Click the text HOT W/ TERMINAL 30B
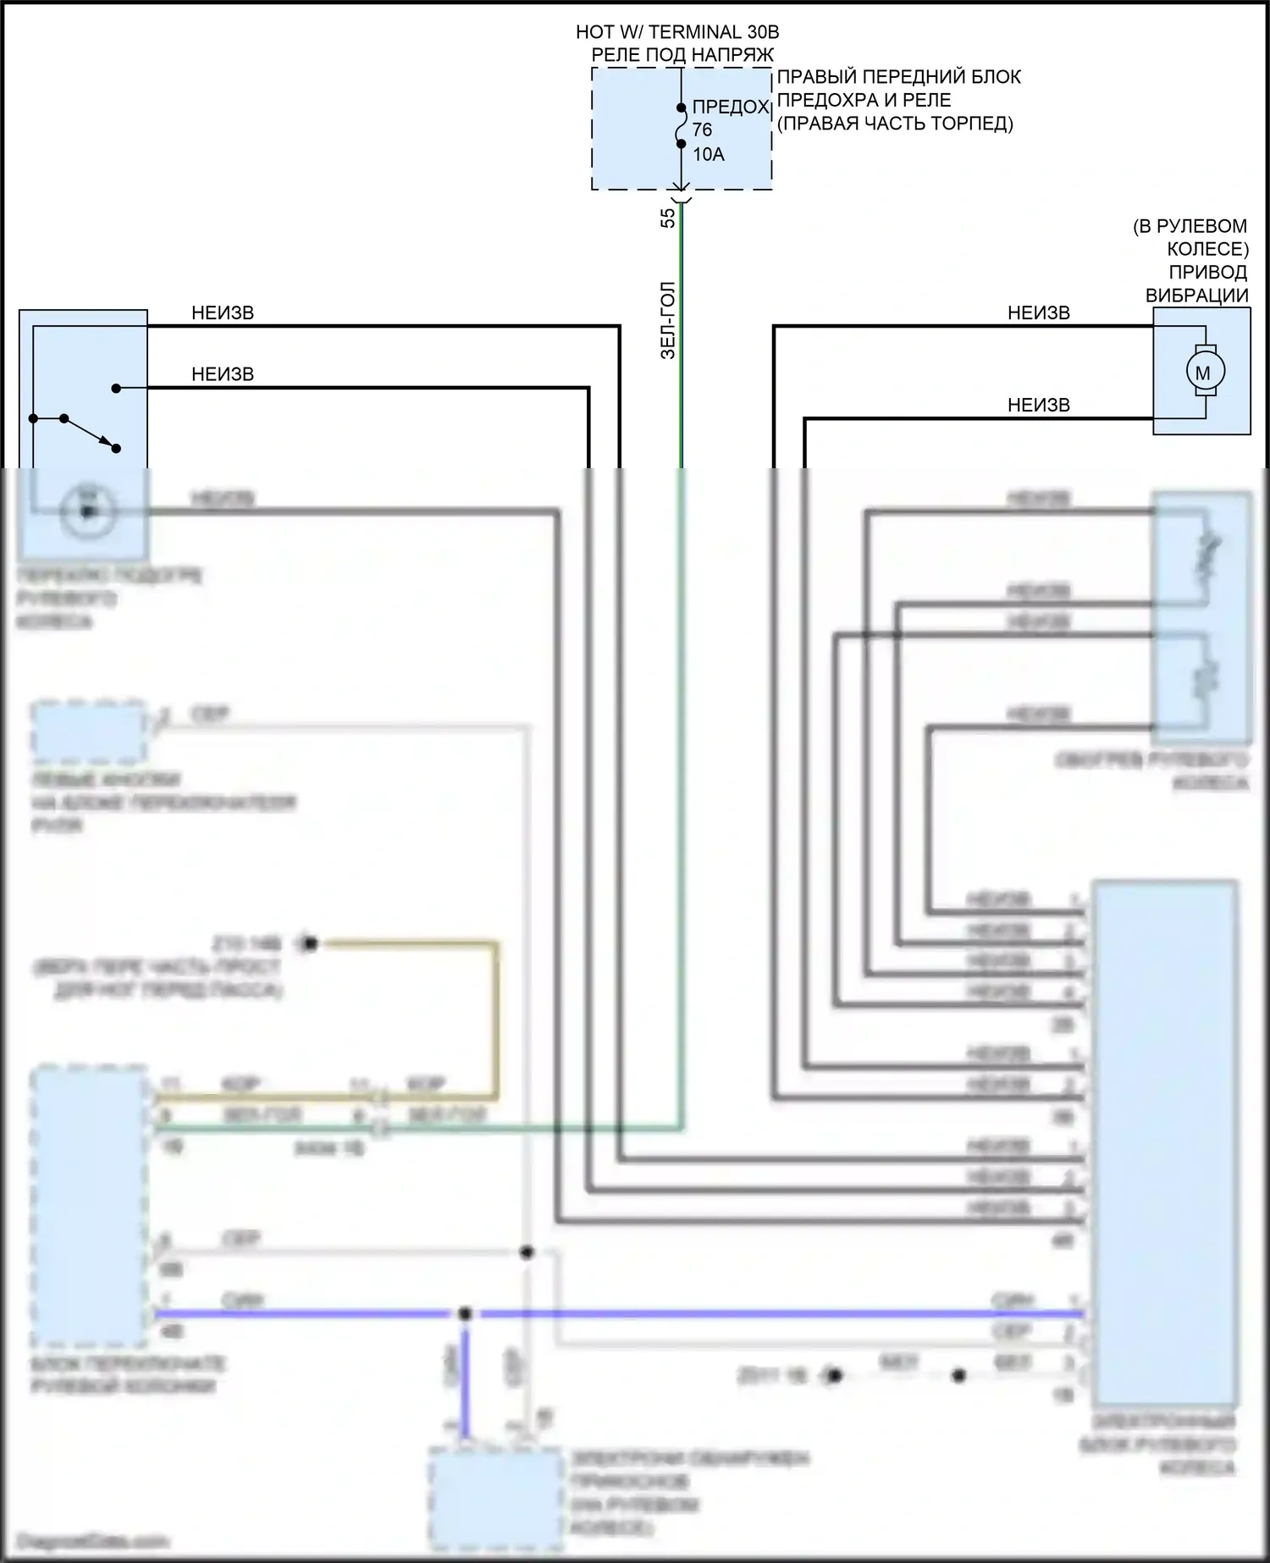tap(677, 32)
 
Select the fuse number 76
tap(702, 130)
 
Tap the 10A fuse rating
tap(709, 154)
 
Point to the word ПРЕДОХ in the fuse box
tap(730, 108)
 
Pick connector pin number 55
tap(668, 218)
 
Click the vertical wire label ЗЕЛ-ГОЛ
tap(668, 321)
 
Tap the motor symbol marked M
tap(1202, 372)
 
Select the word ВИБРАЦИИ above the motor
tap(1196, 295)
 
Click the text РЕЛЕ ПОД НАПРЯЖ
tap(682, 55)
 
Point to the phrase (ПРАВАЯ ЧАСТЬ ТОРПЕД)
tap(895, 124)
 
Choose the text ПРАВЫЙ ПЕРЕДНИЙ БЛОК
tap(898, 77)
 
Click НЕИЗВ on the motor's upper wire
tap(1038, 313)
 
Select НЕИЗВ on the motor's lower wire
tap(1038, 406)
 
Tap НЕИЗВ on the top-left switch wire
tap(223, 313)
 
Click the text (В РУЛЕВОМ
tap(1190, 226)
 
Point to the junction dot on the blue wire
tap(464, 1314)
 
